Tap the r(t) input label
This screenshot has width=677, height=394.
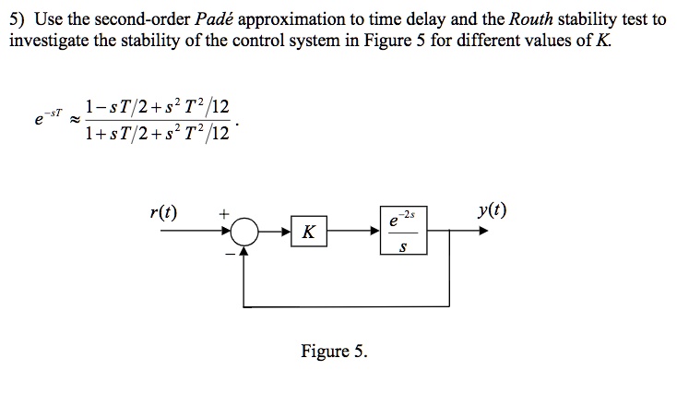[x=163, y=211]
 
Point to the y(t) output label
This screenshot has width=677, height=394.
[x=492, y=210]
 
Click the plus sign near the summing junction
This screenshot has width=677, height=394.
[x=223, y=213]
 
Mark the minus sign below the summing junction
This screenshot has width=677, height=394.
[x=231, y=254]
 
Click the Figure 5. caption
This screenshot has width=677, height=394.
[x=334, y=351]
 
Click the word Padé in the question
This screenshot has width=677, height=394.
[x=214, y=19]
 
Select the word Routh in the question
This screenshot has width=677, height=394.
[x=531, y=19]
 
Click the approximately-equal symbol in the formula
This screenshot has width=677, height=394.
[x=75, y=119]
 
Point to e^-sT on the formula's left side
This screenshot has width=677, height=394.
[x=48, y=117]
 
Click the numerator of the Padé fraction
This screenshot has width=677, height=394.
[x=157, y=106]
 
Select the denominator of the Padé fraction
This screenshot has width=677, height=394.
[x=157, y=133]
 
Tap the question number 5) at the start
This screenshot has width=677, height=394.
[x=17, y=19]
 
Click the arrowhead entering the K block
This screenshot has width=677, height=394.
[x=286, y=232]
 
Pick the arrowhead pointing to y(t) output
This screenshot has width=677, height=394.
[x=483, y=231]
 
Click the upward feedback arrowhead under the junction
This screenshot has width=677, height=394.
[x=244, y=251]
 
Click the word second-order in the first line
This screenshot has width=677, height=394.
[x=142, y=19]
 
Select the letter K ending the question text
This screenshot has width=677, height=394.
[x=602, y=41]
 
